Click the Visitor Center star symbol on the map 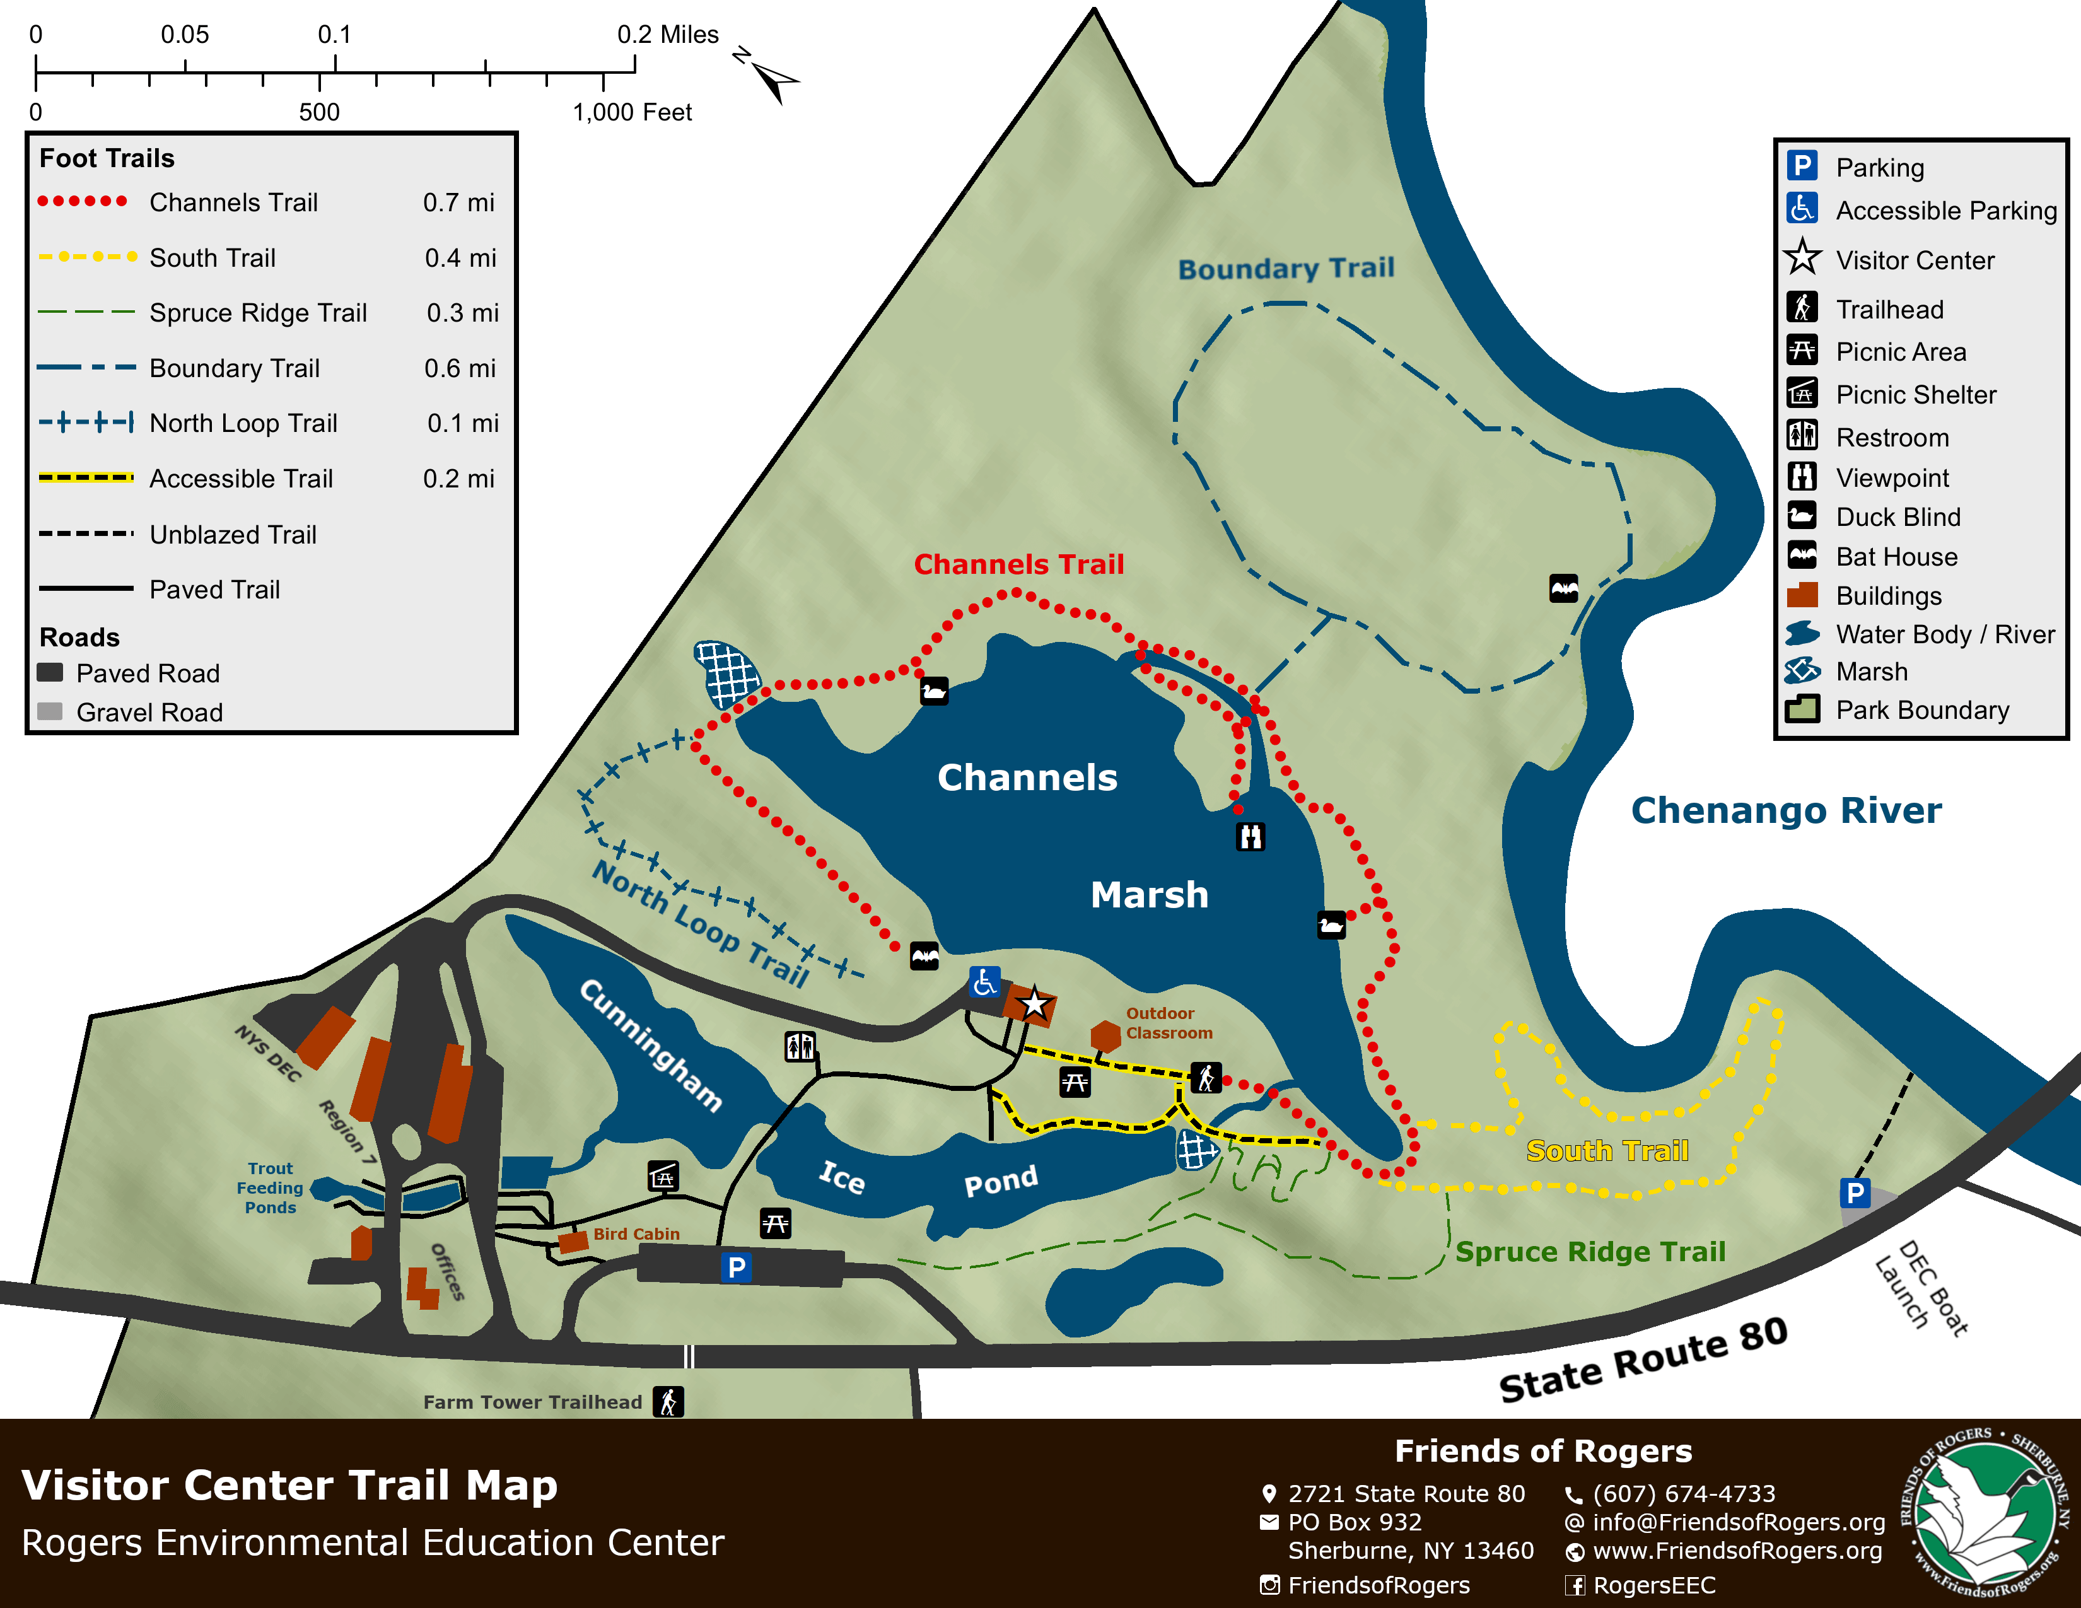[1034, 1003]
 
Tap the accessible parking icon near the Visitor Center [984, 981]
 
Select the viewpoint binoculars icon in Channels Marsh [1250, 836]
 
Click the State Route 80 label [1643, 1360]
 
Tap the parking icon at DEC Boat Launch [1854, 1192]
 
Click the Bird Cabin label [636, 1233]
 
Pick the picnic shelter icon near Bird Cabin [663, 1177]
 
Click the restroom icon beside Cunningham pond [800, 1046]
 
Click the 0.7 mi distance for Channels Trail [458, 202]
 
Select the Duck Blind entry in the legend [1896, 517]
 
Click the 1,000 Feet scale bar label [632, 112]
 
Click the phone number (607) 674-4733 [1684, 1494]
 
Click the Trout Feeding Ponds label [271, 1188]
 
